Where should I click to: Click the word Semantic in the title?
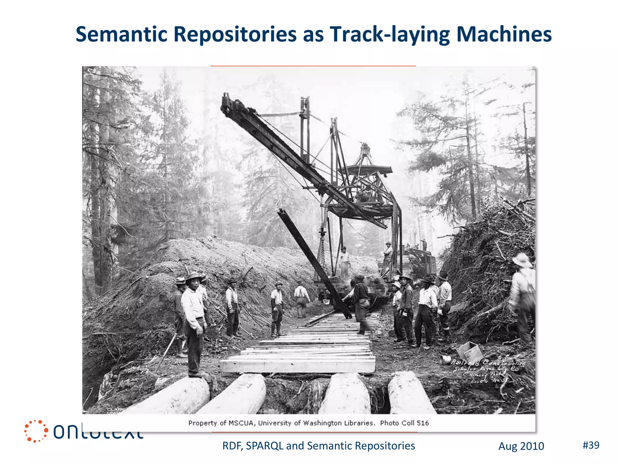[x=121, y=34]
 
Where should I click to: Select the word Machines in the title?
[x=504, y=34]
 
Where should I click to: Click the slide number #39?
[x=591, y=445]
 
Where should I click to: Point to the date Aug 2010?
[x=521, y=446]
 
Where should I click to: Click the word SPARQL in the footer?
[x=264, y=446]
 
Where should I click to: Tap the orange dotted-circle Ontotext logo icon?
[x=36, y=431]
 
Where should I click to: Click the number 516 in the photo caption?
[x=422, y=423]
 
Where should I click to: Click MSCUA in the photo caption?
[x=241, y=423]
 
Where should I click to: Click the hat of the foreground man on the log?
[x=193, y=276]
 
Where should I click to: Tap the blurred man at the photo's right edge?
[x=522, y=296]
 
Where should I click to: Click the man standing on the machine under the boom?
[x=344, y=261]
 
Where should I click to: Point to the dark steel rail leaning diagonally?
[x=314, y=263]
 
